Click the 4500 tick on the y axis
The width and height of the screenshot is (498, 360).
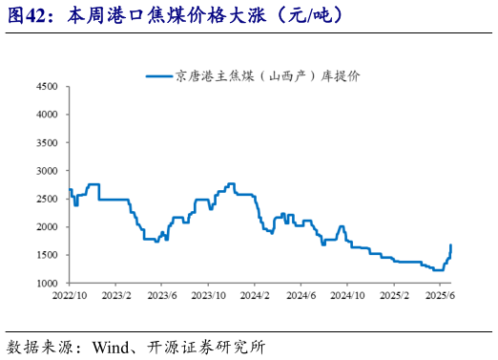[49, 86]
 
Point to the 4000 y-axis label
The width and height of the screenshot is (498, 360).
[49, 114]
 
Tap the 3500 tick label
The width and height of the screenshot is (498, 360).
[49, 142]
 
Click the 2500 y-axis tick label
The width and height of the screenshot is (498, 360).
[49, 199]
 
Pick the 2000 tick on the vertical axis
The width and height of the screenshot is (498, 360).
[49, 227]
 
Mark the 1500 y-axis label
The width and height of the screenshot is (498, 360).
[49, 255]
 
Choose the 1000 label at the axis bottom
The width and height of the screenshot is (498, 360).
[49, 284]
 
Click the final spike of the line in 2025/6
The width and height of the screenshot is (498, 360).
[450, 246]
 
